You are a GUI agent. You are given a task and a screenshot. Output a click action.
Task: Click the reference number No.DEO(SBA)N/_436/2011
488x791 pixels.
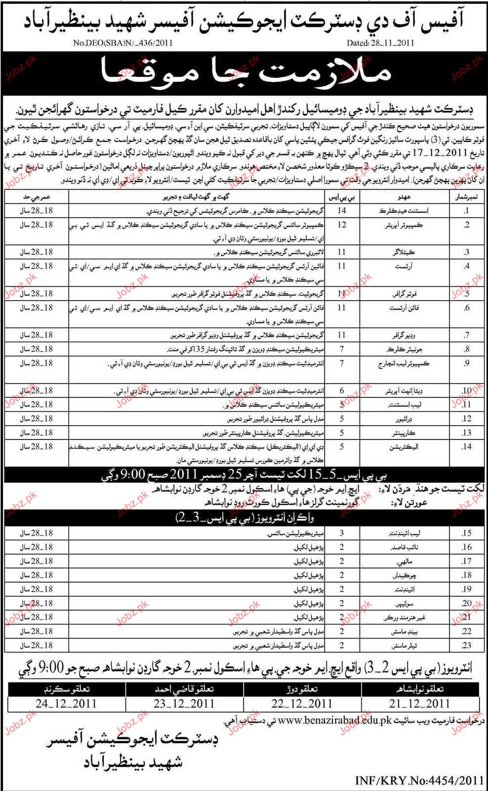tap(123, 43)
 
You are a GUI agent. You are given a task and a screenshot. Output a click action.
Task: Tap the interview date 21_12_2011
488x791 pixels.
tap(420, 703)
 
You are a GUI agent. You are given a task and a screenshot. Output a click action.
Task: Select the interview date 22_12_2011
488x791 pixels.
tap(303, 703)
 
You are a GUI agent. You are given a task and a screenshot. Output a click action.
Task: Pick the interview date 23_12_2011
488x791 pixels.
tap(185, 703)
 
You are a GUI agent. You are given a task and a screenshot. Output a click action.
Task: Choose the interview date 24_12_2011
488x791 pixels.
tap(66, 703)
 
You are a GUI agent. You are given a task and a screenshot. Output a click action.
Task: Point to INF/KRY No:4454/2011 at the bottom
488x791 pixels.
tap(419, 780)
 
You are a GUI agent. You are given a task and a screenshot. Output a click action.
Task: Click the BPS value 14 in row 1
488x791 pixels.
tap(341, 211)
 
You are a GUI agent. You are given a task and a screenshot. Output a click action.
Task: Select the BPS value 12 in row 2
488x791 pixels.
tap(341, 225)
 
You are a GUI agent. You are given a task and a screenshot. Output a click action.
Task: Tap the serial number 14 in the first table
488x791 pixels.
tap(466, 447)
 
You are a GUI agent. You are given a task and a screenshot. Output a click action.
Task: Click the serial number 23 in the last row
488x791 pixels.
tap(466, 645)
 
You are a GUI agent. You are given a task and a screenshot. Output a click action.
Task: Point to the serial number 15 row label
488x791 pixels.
tap(466, 533)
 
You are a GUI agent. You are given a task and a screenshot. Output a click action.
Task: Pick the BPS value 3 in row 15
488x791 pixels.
tap(341, 533)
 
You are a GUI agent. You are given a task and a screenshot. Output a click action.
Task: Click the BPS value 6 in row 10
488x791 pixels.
tap(341, 391)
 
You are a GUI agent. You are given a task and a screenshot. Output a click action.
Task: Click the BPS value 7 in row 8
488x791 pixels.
tap(341, 349)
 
